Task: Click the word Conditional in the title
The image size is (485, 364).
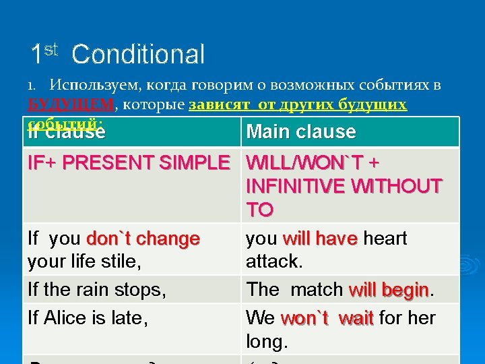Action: point(138,55)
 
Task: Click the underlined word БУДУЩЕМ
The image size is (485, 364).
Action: point(71,105)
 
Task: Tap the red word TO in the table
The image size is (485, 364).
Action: point(260,210)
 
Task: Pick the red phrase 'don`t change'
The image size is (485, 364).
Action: point(143,239)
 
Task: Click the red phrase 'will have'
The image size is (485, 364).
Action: point(321,239)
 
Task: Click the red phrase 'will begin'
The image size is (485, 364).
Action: point(389,290)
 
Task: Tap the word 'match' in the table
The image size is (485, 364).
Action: point(317,290)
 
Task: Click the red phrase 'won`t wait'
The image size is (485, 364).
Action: point(327,317)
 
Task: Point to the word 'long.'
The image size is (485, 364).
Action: point(267,342)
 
